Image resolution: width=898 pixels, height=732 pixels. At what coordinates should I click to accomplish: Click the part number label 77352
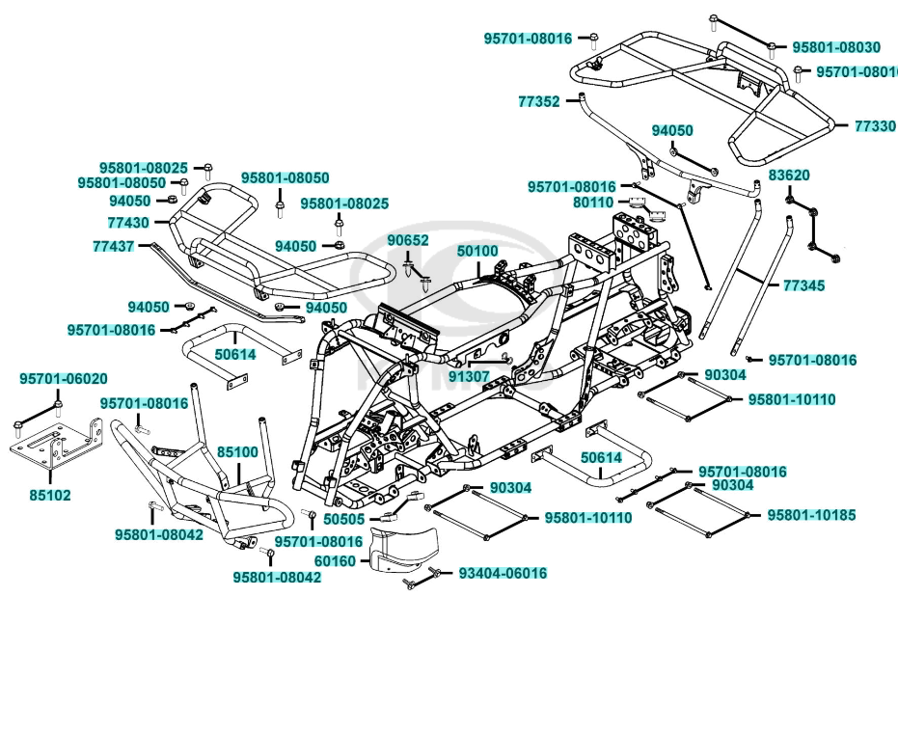point(538,101)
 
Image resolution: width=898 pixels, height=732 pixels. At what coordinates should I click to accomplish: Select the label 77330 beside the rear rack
point(874,126)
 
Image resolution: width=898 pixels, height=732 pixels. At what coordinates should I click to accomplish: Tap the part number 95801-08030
point(835,47)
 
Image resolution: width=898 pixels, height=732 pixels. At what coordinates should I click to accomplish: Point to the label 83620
point(789,176)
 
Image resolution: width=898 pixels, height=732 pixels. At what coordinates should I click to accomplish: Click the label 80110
point(592,203)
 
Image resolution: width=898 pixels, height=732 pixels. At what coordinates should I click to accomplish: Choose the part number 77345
point(803,285)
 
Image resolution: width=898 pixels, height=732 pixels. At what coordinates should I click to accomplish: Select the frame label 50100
point(477,251)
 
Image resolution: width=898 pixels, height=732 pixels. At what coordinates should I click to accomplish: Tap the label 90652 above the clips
point(408,240)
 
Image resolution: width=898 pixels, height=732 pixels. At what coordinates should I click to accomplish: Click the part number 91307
point(469,376)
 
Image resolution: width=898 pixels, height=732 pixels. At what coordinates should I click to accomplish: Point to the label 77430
point(127,223)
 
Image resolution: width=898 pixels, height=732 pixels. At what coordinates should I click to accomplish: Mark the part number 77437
point(114,247)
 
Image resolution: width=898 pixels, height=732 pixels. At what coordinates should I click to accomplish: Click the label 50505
point(344,520)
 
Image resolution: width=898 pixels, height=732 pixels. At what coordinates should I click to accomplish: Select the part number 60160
point(335,560)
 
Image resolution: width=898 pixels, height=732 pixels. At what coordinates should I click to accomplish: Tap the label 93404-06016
point(502,573)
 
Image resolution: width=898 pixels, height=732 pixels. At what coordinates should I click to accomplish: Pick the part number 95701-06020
point(64,379)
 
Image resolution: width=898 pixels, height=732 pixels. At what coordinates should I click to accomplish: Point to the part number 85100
point(236,451)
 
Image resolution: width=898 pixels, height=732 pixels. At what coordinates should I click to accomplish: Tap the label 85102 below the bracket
point(50,495)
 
